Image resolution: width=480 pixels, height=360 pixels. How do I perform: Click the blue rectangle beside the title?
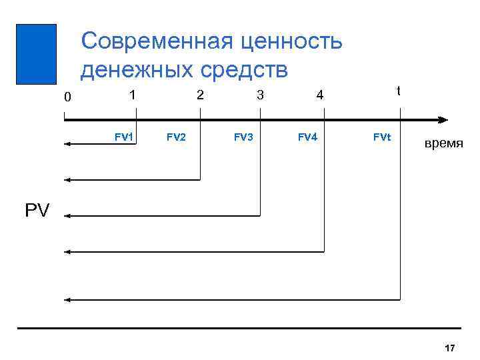click(x=36, y=54)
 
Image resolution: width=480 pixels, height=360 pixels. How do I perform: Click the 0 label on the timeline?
click(x=67, y=97)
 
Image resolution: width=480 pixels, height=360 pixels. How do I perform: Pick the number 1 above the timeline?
click(x=133, y=95)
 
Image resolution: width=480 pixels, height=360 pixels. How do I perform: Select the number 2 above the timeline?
click(x=199, y=95)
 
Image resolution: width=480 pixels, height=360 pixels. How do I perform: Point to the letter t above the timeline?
click(x=399, y=90)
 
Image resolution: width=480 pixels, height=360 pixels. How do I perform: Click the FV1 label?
click(x=124, y=137)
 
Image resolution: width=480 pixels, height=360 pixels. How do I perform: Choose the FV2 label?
click(x=176, y=137)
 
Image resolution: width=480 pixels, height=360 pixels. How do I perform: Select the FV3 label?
click(x=243, y=137)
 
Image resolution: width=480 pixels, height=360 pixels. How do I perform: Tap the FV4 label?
click(x=307, y=137)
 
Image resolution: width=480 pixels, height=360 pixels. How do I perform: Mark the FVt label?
click(x=382, y=137)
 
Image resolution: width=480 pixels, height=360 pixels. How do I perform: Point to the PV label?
click(x=37, y=211)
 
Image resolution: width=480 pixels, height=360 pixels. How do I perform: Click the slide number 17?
click(x=449, y=348)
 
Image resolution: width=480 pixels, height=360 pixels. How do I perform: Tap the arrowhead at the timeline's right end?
click(x=443, y=120)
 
